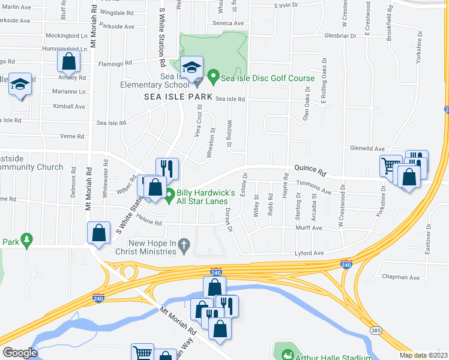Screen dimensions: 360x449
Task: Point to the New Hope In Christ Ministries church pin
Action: pyautogui.click(x=185, y=245)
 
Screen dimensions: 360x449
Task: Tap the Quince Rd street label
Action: pyautogui.click(x=309, y=171)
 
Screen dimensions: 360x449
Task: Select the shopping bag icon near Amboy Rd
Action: pyautogui.click(x=69, y=62)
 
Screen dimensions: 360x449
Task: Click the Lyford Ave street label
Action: pyautogui.click(x=310, y=253)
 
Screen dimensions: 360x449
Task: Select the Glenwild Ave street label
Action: pyautogui.click(x=367, y=148)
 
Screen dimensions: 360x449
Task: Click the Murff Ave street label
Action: pyautogui.click(x=309, y=228)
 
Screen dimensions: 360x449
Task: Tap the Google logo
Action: pyautogui.click(x=20, y=353)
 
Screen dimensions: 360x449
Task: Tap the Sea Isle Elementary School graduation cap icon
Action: pyautogui.click(x=191, y=67)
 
